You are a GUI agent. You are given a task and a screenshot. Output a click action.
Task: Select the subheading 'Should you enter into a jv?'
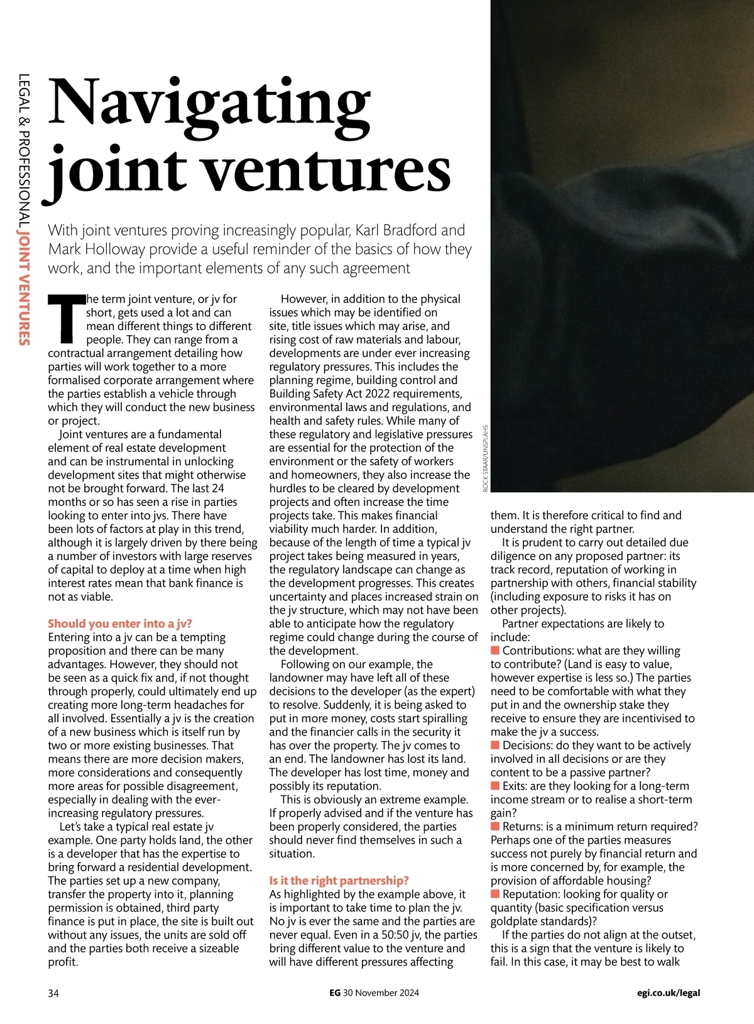tap(120, 624)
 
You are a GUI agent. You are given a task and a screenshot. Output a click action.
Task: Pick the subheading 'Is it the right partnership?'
tap(339, 881)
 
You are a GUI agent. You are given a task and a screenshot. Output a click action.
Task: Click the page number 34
tap(53, 993)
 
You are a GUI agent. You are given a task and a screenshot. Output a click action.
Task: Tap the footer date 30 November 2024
tap(381, 993)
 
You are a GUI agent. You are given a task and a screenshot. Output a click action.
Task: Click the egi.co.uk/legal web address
tap(668, 993)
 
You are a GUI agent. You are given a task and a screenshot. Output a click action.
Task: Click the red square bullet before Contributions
tap(495, 650)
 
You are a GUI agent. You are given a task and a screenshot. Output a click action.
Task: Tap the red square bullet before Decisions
tap(495, 745)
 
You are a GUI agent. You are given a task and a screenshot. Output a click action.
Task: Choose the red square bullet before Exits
tap(495, 786)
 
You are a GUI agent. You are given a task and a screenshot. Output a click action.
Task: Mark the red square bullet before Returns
tap(495, 826)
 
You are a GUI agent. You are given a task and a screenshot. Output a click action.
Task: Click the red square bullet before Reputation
tap(495, 894)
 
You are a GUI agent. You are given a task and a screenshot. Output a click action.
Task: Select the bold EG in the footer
tap(335, 993)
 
